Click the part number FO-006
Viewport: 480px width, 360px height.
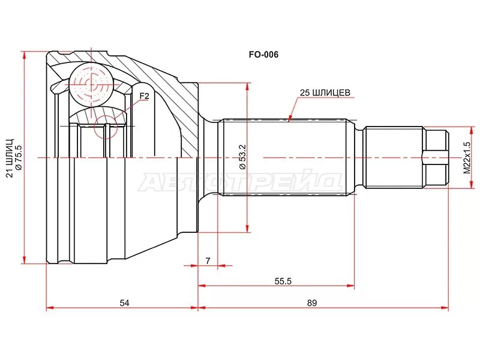pyautogui.click(x=265, y=54)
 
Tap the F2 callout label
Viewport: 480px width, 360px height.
pyautogui.click(x=144, y=96)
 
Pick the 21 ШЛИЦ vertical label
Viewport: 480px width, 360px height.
pyautogui.click(x=8, y=158)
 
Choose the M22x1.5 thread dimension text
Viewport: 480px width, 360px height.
pyautogui.click(x=467, y=158)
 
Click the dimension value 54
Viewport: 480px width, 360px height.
pyautogui.click(x=124, y=302)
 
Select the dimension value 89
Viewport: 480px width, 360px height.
pyautogui.click(x=311, y=302)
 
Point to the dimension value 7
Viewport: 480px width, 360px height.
pyautogui.click(x=208, y=260)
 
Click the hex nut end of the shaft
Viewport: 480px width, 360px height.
pyautogui.click(x=436, y=158)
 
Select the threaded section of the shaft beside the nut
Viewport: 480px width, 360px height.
pyautogui.click(x=394, y=158)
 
